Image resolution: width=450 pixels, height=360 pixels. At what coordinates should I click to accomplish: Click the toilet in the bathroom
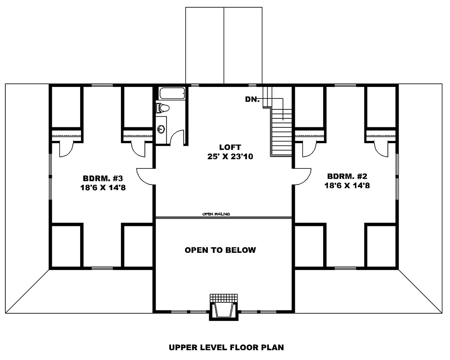(163, 108)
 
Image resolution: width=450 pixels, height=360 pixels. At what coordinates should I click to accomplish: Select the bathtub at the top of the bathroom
(172, 93)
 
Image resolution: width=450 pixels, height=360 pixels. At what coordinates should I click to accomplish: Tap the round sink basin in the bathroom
(162, 129)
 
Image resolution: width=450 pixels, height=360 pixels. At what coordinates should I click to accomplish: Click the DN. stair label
(252, 99)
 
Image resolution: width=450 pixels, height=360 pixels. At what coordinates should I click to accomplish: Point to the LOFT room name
(230, 147)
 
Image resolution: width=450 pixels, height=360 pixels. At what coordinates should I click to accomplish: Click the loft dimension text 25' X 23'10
(230, 157)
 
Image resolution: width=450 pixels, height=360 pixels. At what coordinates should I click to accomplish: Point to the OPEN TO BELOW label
(220, 250)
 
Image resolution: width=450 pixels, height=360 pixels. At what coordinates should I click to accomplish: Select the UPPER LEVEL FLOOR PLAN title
(226, 347)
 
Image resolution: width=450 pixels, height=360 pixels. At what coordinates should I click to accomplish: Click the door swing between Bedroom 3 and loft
(146, 176)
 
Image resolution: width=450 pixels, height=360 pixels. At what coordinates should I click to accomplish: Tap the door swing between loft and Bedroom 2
(301, 176)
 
